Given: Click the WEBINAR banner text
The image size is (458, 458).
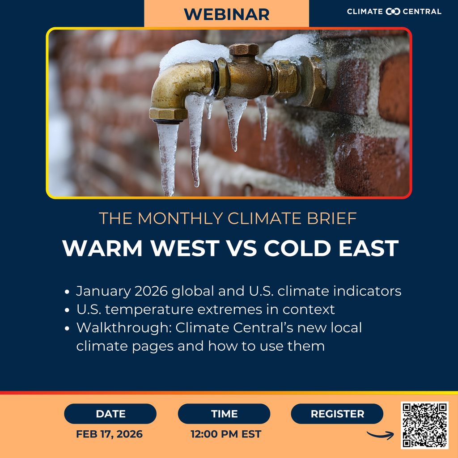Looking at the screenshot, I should [226, 14].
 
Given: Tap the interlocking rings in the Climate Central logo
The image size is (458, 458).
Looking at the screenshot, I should [393, 12].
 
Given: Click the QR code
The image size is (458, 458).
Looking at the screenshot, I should [424, 425].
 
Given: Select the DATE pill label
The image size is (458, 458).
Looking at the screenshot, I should [110, 414].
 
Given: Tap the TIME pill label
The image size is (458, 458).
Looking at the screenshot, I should [224, 414].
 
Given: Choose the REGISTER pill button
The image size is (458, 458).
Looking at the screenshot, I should [337, 414].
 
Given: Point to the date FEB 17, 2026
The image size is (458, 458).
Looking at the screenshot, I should [110, 434].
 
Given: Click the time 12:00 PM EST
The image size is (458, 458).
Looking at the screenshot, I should [226, 434].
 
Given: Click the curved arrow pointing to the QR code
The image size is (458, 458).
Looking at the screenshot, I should [380, 434].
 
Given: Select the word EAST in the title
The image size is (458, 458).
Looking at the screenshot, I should [366, 249].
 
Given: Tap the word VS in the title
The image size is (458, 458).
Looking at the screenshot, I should [242, 249].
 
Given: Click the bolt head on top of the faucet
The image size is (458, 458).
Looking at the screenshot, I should [244, 49].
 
